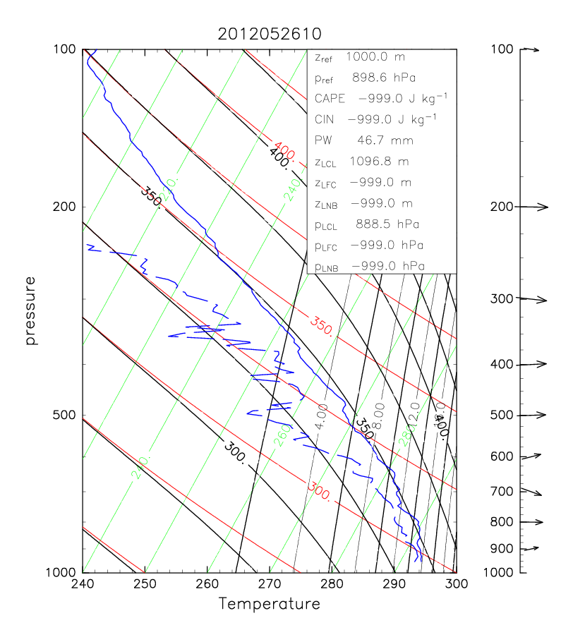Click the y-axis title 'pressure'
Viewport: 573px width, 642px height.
30,310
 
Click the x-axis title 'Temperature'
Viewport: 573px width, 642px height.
269,604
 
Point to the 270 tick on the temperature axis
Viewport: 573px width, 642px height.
270,584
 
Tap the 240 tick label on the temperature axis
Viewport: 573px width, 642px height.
83,584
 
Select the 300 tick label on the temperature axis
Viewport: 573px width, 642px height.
456,584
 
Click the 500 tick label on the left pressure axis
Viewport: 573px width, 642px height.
65,416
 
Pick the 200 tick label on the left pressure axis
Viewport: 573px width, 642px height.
65,207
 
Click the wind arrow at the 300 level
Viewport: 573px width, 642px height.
534,299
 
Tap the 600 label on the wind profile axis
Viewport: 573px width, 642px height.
501,456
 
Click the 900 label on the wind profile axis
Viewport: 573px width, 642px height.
501,549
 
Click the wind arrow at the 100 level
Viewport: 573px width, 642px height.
530,49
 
